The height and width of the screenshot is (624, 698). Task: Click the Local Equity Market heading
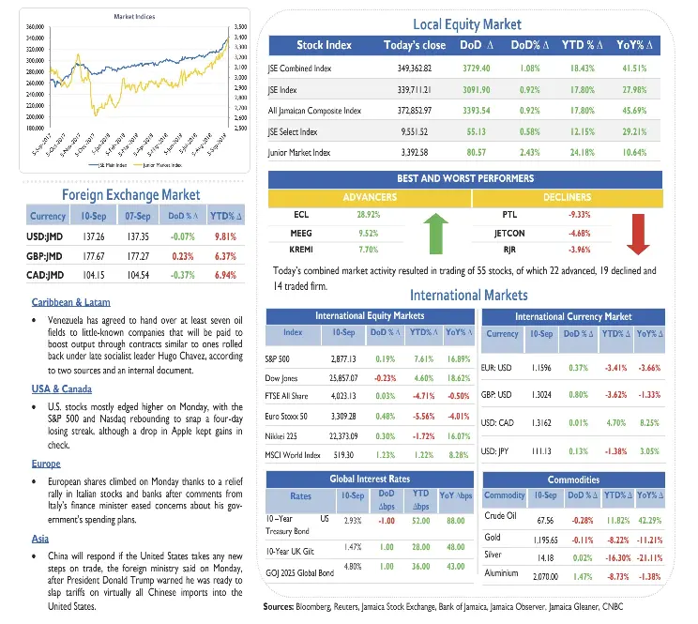click(466, 24)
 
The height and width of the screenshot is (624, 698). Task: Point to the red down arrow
click(638, 233)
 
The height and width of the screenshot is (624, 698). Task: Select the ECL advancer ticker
click(301, 214)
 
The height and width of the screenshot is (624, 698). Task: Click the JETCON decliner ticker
click(508, 233)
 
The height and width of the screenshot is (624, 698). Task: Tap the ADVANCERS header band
click(369, 198)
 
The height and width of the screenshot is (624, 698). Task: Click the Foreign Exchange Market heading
click(130, 194)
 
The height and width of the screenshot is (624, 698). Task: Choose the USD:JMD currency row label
click(45, 236)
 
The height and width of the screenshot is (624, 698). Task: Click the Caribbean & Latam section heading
click(70, 302)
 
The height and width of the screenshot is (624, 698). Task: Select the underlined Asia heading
click(39, 539)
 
